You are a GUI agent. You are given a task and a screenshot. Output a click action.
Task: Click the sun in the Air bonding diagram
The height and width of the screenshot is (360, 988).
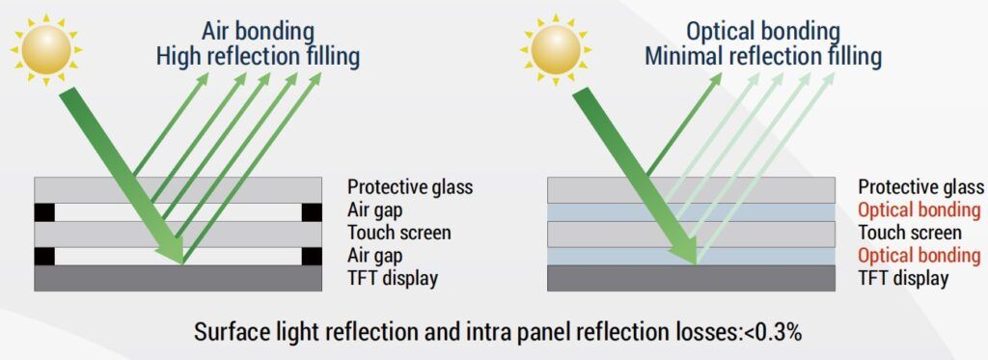(46, 49)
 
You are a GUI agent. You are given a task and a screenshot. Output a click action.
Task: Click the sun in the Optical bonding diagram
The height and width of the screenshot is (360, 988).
(555, 49)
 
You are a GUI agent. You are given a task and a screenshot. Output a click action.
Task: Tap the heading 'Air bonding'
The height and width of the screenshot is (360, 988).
(258, 31)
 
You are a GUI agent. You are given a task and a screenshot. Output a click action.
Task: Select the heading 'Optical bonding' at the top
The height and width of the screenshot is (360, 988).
(762, 31)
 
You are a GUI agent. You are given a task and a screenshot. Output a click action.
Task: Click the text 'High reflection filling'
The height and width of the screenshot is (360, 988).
(258, 57)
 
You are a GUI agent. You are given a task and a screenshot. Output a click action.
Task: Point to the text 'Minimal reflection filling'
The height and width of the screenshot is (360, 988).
(762, 57)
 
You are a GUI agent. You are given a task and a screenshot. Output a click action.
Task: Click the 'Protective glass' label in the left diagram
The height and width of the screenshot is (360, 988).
(409, 187)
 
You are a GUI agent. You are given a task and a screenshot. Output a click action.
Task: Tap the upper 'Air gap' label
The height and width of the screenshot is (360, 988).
(374, 210)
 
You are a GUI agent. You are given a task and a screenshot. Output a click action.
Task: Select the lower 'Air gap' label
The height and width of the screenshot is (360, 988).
(374, 256)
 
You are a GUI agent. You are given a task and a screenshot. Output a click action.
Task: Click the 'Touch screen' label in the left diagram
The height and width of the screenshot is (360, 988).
(398, 233)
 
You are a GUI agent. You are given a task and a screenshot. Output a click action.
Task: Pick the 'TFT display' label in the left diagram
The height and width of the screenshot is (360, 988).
(392, 277)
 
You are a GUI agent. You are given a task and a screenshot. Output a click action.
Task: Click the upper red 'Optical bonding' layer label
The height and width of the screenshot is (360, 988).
(919, 210)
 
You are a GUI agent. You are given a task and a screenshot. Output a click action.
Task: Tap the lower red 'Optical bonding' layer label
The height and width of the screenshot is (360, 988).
(919, 256)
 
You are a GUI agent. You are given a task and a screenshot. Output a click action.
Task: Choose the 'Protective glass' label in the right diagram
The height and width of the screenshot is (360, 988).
(920, 187)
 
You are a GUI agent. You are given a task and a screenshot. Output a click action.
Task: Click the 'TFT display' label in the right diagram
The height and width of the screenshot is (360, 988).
(903, 277)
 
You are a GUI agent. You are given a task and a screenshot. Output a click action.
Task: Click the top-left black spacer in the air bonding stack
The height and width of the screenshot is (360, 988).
(44, 212)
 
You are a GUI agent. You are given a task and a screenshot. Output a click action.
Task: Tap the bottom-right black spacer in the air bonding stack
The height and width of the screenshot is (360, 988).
(312, 257)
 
